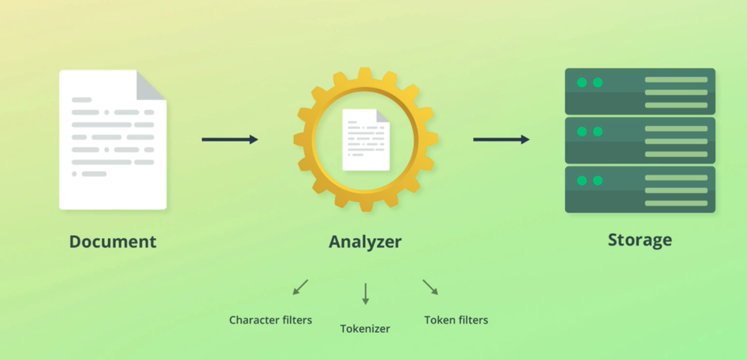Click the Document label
point(112,242)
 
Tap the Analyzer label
point(365,242)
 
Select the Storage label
point(640,240)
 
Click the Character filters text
point(271,320)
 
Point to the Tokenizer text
point(365,328)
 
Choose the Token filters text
point(456,320)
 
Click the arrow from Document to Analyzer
point(230,139)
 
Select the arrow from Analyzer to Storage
point(501,139)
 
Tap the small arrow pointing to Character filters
point(300,287)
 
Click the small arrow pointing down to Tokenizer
point(365,294)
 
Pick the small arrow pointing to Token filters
point(430,287)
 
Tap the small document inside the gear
point(365,140)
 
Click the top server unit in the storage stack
point(640,91)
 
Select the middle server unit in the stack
point(640,140)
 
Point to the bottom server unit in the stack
point(640,189)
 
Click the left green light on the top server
point(582,82)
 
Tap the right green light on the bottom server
point(598,181)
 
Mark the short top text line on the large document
point(81,100)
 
